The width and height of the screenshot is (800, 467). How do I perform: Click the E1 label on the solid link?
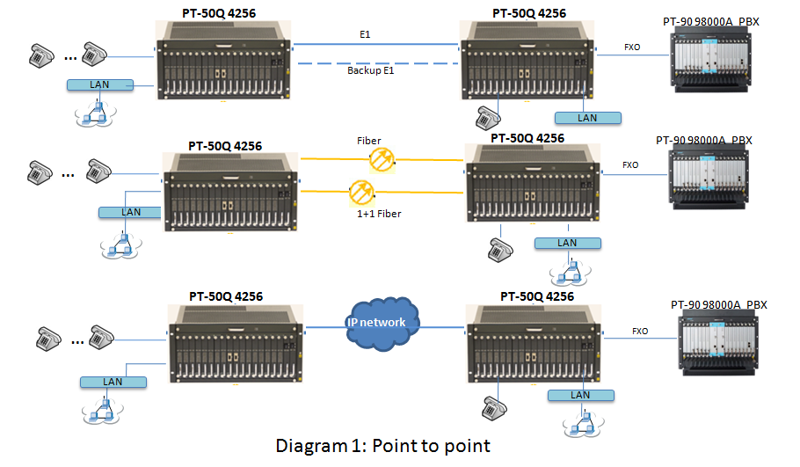(365, 34)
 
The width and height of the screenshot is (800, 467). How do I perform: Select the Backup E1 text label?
(370, 69)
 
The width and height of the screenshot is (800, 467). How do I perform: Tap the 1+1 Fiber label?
(379, 214)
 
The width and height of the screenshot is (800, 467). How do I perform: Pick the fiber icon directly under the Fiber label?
(383, 158)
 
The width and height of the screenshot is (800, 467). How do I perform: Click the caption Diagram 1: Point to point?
(382, 445)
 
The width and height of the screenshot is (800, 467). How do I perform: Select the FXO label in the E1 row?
(632, 46)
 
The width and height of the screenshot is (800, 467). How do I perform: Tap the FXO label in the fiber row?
(630, 164)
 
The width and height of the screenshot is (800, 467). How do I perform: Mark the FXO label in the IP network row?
(640, 332)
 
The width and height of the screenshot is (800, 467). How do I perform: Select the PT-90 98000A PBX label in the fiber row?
(704, 140)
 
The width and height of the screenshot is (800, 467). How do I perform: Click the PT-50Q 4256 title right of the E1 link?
(529, 13)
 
